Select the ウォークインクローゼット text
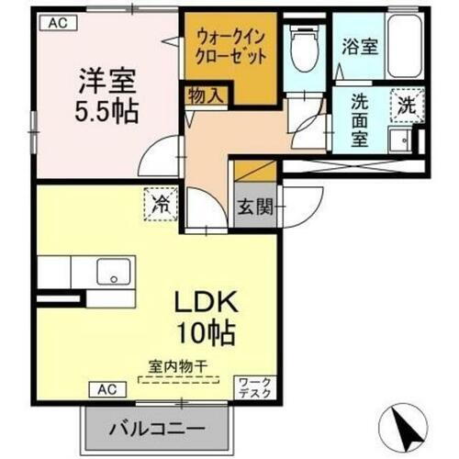pyautogui.click(x=231, y=46)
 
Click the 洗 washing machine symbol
pyautogui.click(x=405, y=105)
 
